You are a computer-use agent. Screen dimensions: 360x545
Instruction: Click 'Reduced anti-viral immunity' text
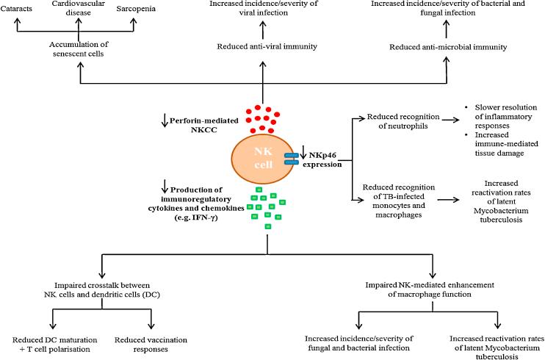[262, 46]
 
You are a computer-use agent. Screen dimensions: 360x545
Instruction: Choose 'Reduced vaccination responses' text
[151, 343]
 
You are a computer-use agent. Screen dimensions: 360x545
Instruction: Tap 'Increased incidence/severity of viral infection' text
[262, 9]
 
